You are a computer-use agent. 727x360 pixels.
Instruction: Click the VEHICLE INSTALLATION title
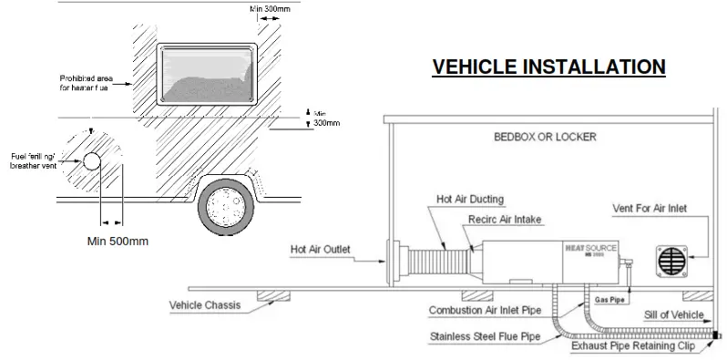[548, 67]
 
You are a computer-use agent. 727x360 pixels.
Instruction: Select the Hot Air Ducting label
[469, 199]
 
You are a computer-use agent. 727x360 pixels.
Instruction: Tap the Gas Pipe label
[610, 299]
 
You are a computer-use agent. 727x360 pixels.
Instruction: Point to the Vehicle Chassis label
[206, 304]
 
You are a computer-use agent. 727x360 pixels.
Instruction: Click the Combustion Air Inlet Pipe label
[486, 311]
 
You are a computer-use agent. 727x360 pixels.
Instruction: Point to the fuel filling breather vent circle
[92, 163]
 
